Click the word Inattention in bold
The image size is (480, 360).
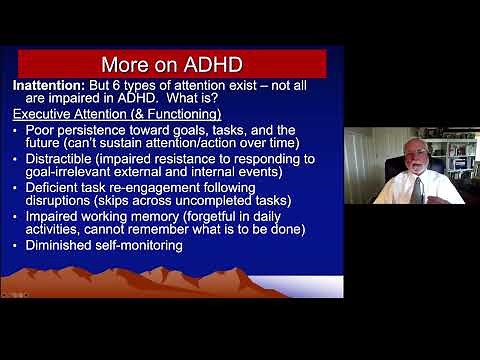tap(47, 86)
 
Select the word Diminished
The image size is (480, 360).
tap(59, 245)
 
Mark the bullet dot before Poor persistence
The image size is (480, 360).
tap(17, 130)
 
